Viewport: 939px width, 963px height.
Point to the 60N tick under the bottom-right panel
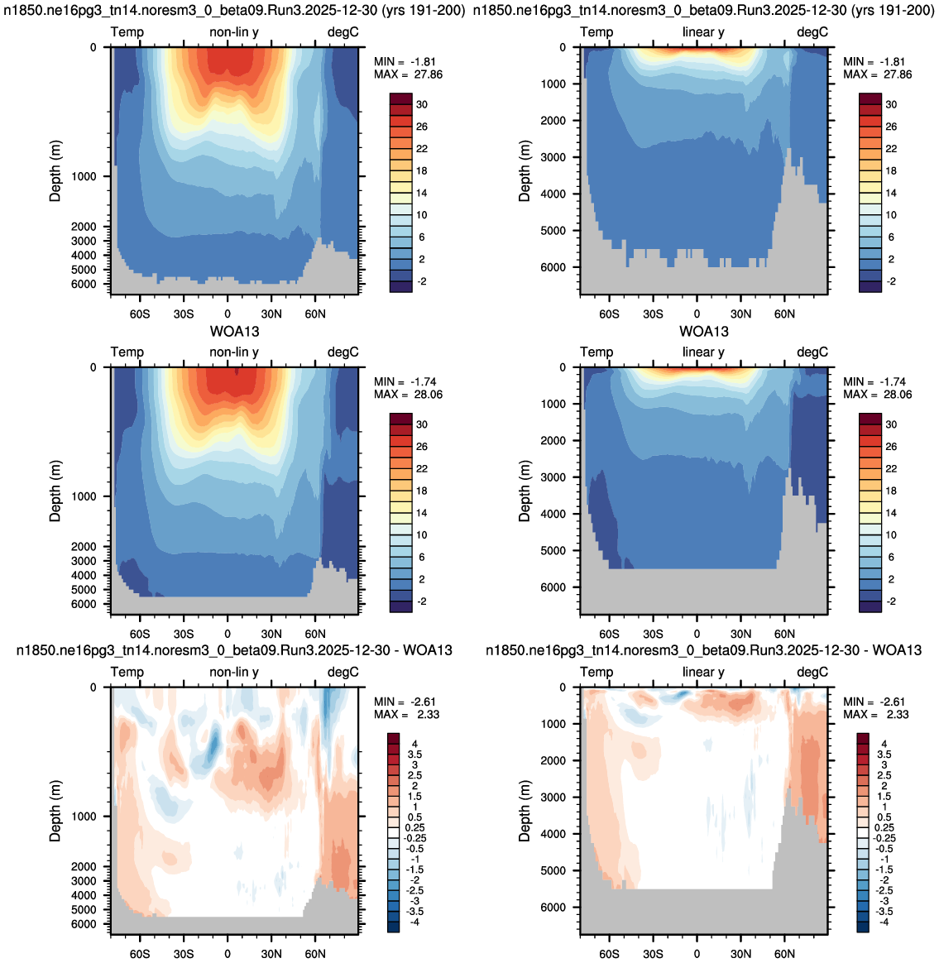784,954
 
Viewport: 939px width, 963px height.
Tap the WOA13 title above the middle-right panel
704,332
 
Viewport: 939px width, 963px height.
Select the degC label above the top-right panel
812,32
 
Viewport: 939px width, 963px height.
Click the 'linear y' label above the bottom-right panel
703,672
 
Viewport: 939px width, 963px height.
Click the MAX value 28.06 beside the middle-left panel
428,395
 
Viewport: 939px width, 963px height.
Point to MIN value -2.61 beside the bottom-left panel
422,702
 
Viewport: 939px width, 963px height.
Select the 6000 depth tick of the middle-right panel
553,587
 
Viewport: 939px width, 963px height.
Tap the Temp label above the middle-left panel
127,352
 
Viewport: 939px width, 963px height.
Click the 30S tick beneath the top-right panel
653,314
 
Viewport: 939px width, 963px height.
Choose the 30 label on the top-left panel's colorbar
422,104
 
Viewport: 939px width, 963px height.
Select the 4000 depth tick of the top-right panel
553,194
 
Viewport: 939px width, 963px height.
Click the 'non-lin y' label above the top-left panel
234,32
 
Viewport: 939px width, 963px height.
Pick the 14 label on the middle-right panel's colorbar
891,513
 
